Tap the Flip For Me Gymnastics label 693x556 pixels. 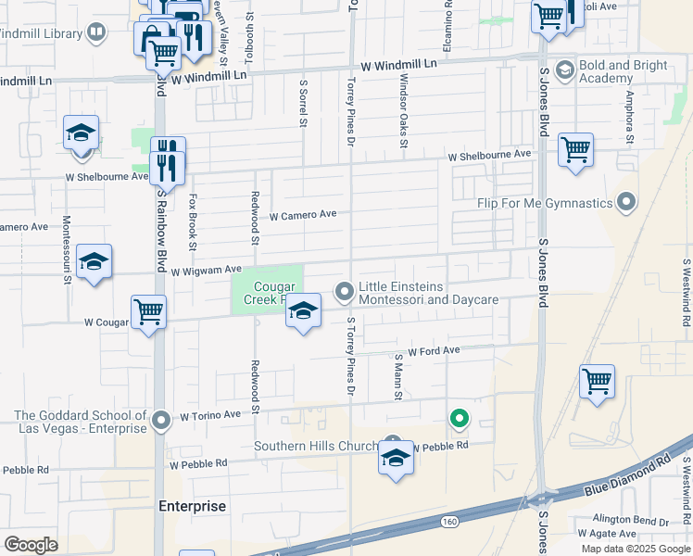click(x=545, y=204)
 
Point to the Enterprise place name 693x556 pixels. click(x=192, y=506)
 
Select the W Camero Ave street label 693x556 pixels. click(x=303, y=215)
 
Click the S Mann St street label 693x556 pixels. click(x=398, y=376)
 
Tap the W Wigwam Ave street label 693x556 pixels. click(x=206, y=271)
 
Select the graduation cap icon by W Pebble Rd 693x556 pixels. click(x=396, y=459)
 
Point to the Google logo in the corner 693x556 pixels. click(x=31, y=545)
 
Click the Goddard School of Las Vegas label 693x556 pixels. click(x=82, y=422)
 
